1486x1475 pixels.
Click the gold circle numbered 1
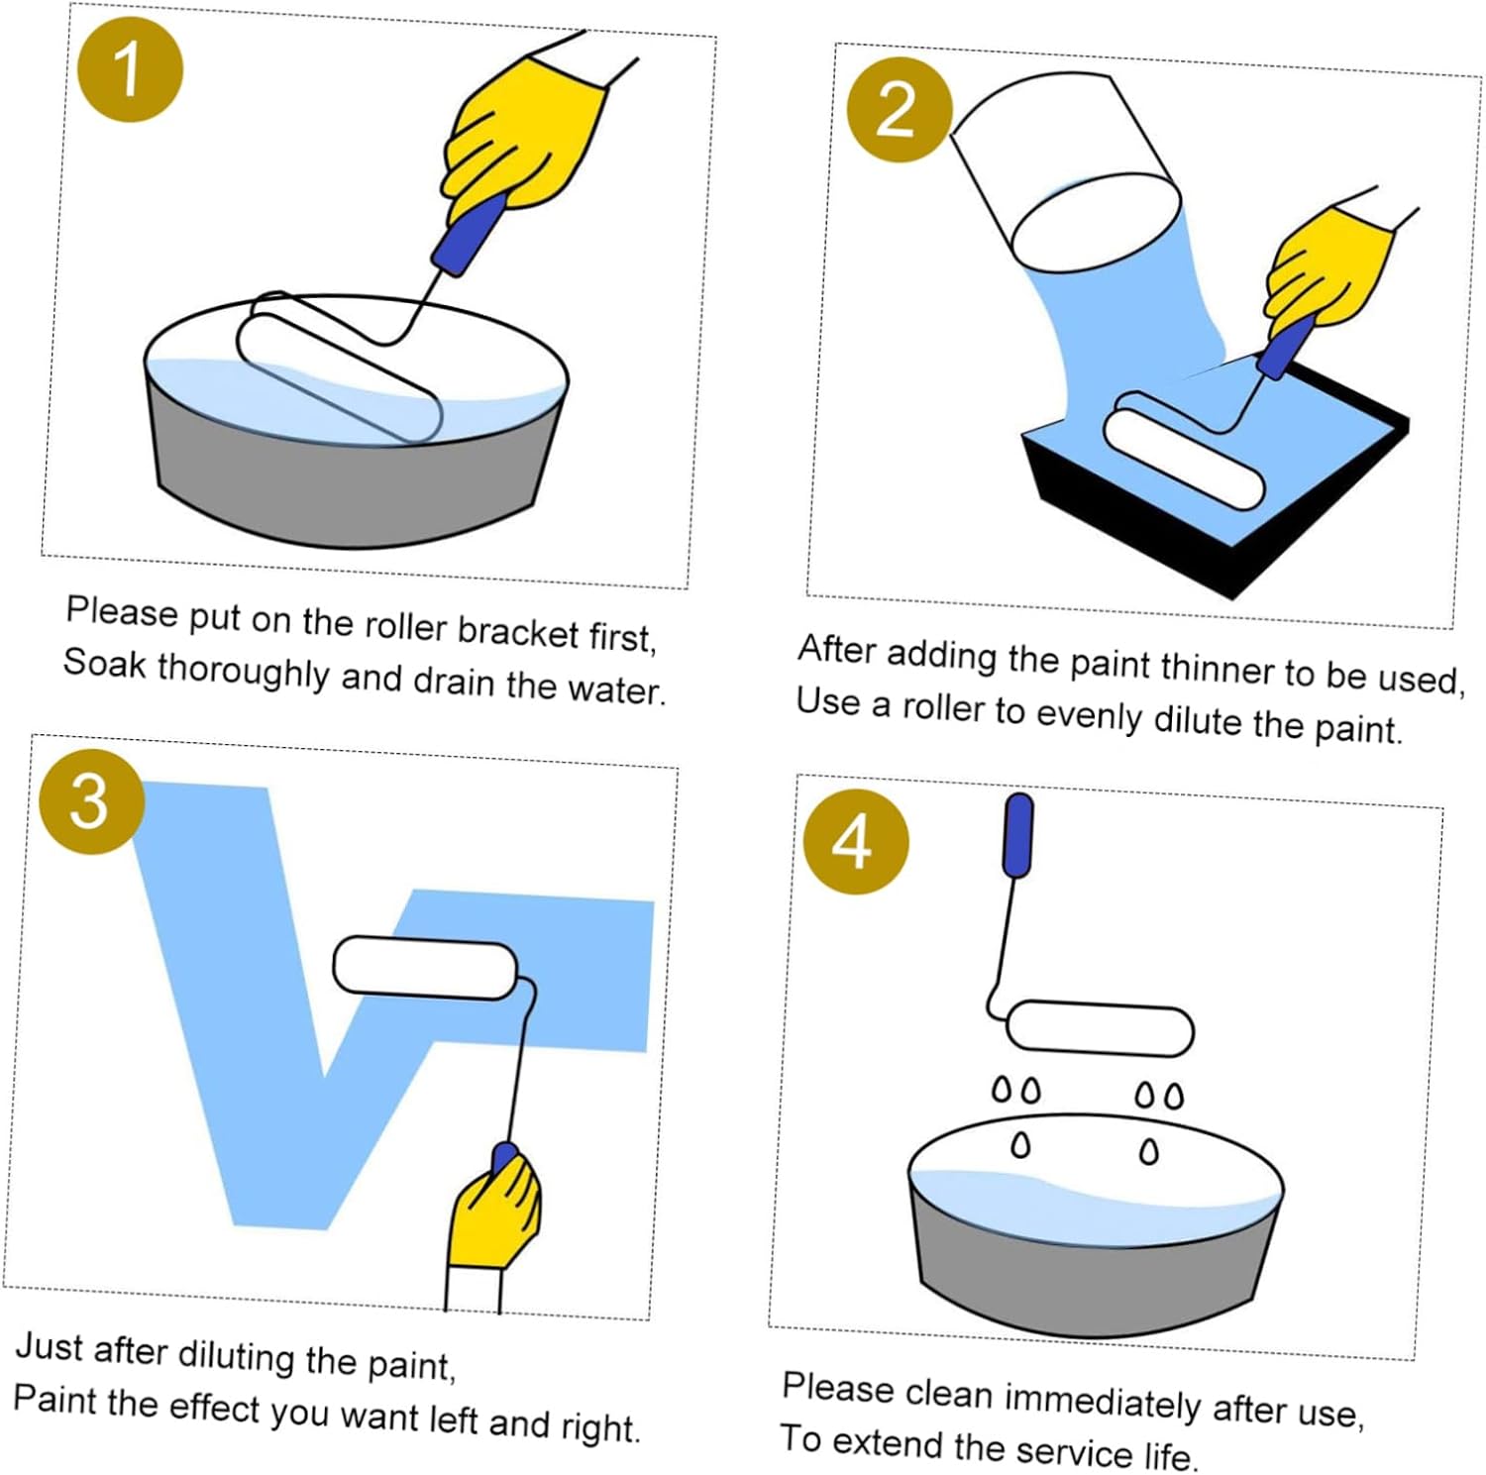click(x=130, y=69)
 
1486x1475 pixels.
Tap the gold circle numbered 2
click(x=899, y=109)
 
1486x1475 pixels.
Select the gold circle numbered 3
click(x=91, y=801)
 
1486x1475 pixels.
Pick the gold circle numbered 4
click(x=855, y=842)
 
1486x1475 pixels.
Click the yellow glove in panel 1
click(x=525, y=134)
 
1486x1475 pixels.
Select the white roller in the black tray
click(x=1184, y=452)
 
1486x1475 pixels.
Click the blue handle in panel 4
click(x=1018, y=835)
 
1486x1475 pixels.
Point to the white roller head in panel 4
click(x=1100, y=1028)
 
